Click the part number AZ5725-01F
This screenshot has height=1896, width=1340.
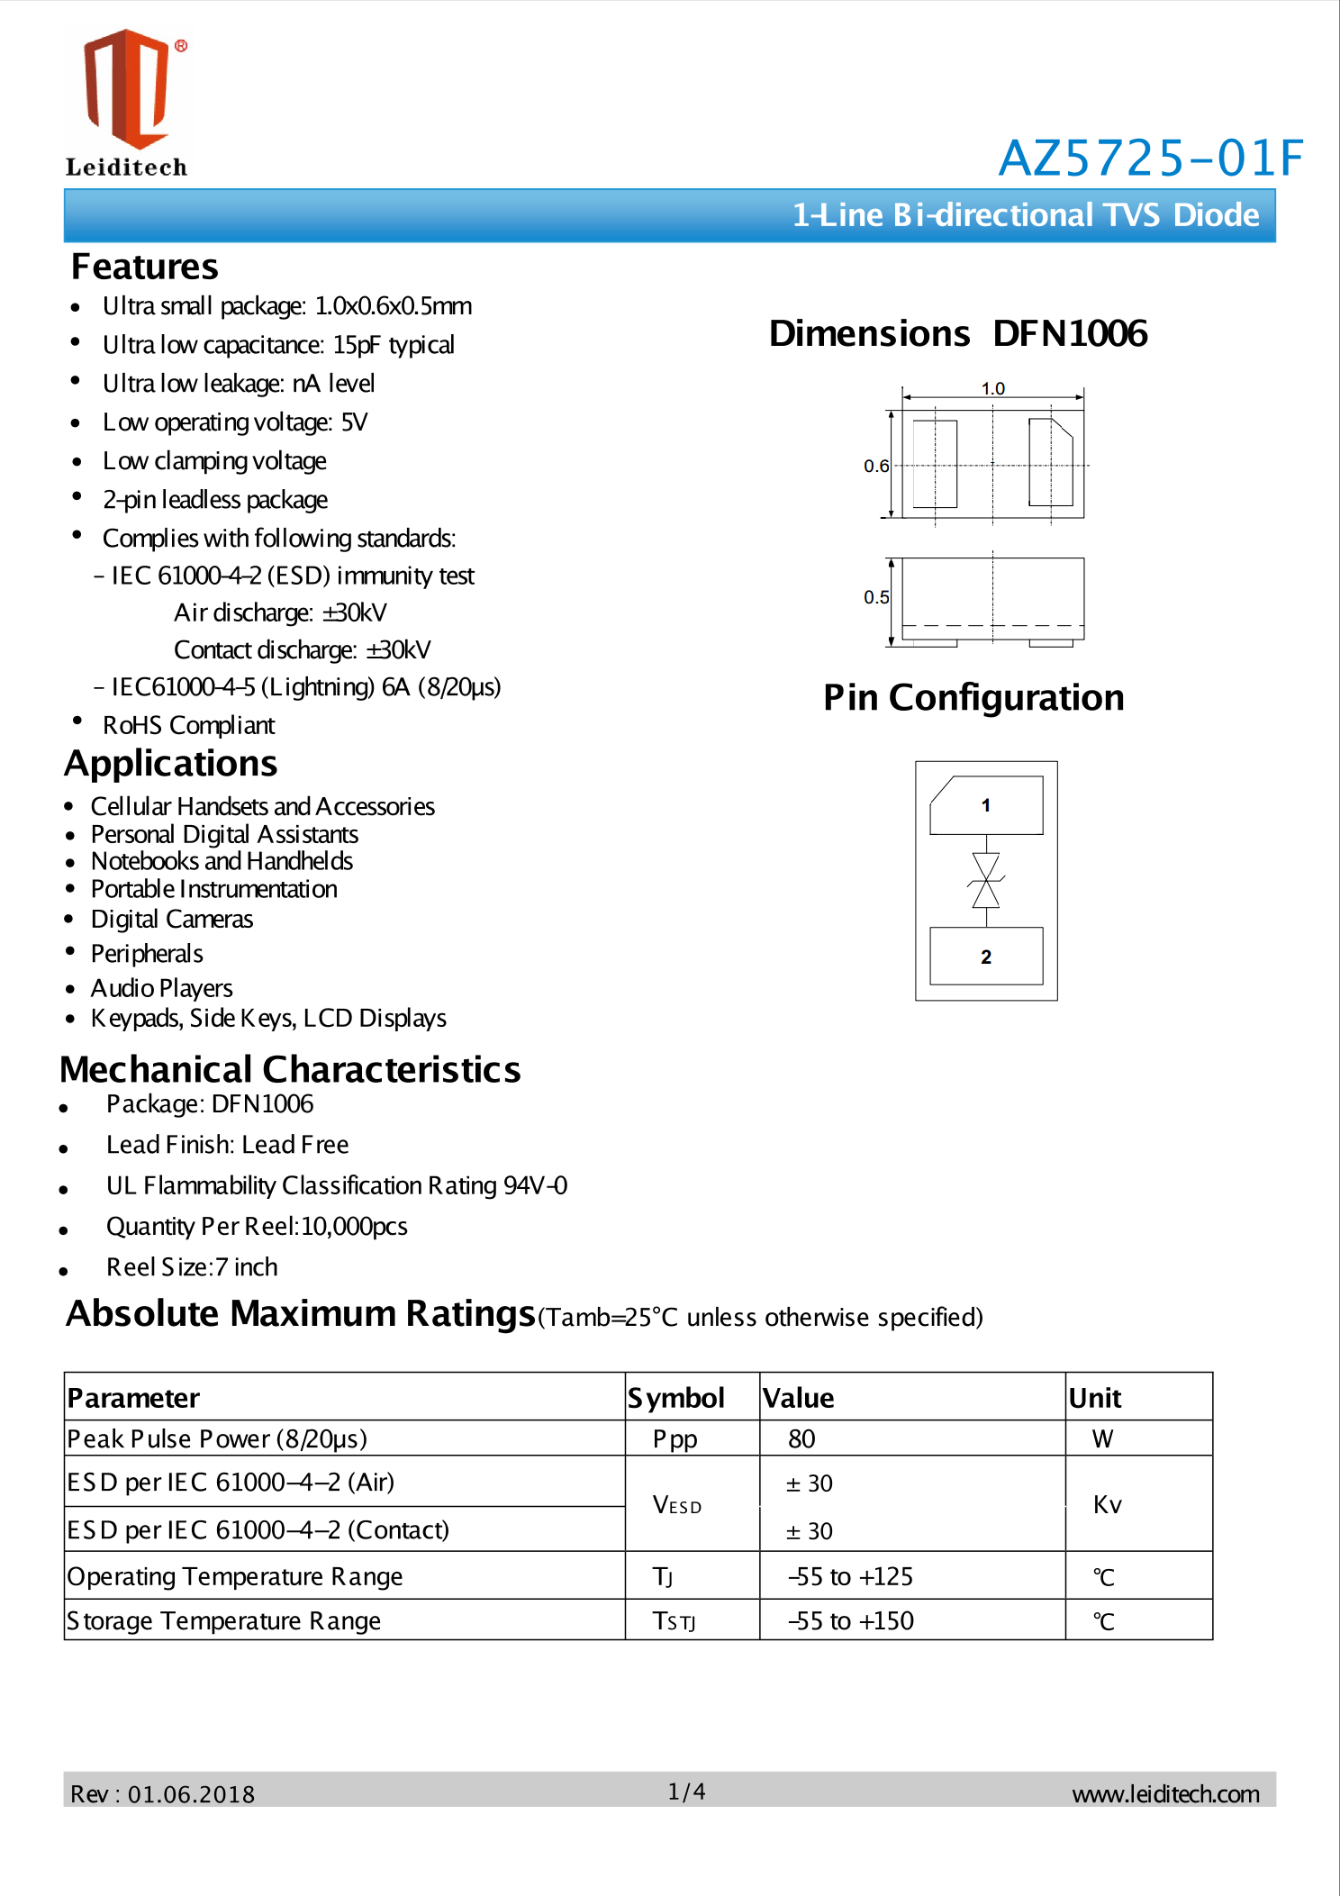[x=1150, y=159]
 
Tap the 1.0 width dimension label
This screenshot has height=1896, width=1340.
[x=992, y=388]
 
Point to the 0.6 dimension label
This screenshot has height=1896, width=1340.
[x=875, y=466]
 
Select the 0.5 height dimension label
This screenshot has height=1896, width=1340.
[x=875, y=597]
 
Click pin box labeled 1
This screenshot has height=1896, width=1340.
[x=986, y=805]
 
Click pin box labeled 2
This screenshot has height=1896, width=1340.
[x=986, y=957]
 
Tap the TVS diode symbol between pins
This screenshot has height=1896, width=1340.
[x=986, y=880]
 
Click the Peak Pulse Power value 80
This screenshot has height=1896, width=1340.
[x=801, y=1438]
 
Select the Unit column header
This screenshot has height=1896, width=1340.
[x=1094, y=1398]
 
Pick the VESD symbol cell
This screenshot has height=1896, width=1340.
[x=677, y=1504]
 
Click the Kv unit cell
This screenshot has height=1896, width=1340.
[x=1107, y=1504]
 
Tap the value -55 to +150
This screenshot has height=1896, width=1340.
[x=850, y=1620]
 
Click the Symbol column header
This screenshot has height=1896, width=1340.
[x=676, y=1398]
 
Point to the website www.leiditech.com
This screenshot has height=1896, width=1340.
[x=1165, y=1794]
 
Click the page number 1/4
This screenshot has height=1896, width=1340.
[x=686, y=1792]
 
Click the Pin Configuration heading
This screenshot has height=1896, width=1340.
[x=973, y=698]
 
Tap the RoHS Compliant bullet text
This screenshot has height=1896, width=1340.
[x=188, y=725]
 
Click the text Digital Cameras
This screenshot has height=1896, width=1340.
[x=172, y=919]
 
